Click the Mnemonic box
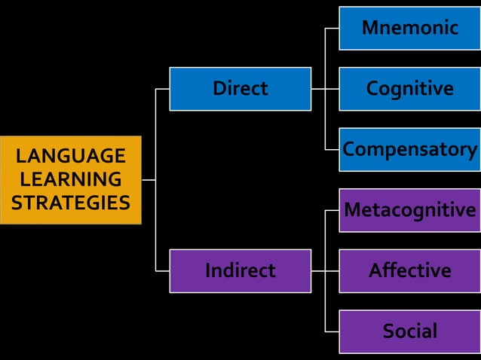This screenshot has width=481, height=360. tap(409, 28)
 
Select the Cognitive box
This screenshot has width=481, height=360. tap(409, 89)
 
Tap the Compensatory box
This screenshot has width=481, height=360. tap(409, 149)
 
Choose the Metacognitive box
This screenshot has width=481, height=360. tap(409, 210)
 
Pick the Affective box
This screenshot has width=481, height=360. tap(409, 270)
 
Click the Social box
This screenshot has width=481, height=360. tap(409, 331)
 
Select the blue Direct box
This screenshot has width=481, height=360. tap(240, 89)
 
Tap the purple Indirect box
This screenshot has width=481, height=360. tap(240, 270)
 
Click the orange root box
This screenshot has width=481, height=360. tap(71, 180)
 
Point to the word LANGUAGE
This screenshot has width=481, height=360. tap(71, 157)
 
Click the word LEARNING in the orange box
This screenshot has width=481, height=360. tap(71, 180)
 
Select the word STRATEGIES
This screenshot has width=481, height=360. tap(71, 203)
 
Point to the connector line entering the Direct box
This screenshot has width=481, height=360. tap(162, 89)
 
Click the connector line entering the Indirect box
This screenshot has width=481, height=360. tap(162, 270)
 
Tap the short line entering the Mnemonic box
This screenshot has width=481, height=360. tap(332, 29)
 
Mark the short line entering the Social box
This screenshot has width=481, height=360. tap(332, 331)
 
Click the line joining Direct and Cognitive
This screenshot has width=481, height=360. tap(325, 89)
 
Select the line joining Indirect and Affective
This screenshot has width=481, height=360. tap(325, 270)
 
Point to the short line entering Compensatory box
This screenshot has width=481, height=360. tap(332, 149)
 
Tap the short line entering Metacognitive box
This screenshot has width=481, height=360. tap(332, 210)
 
